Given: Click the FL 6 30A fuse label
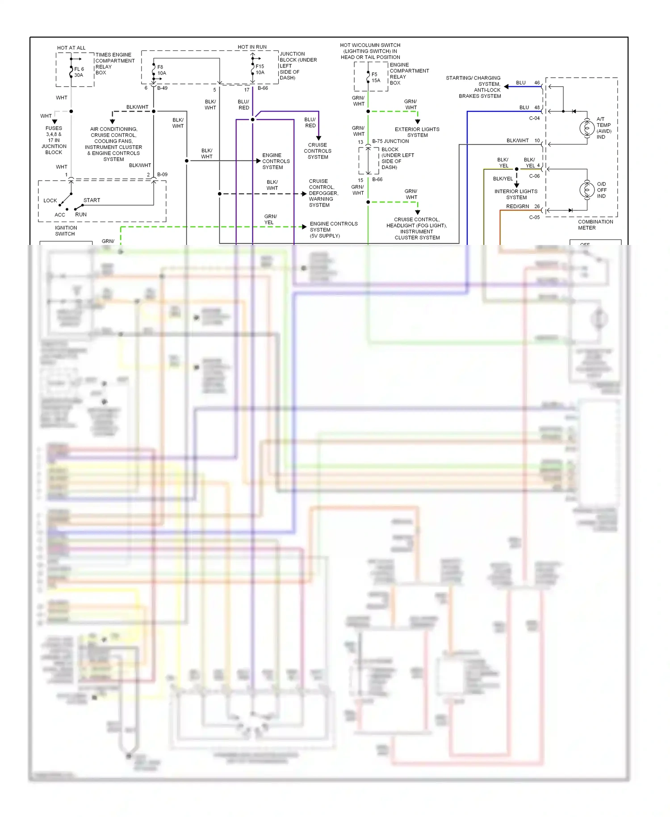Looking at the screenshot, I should point(79,72).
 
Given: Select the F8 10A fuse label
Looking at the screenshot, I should point(161,70).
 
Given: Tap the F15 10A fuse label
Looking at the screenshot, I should point(260,69).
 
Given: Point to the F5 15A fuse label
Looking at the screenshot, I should point(375,77).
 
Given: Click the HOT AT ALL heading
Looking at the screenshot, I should point(71,48).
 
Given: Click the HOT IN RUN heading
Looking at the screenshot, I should point(252,47).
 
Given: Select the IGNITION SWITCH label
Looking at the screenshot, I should point(65,231).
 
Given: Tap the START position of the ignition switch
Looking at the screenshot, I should point(92,200).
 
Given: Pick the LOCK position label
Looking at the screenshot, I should point(50,201).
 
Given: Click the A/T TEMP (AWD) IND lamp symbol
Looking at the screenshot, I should point(586,128).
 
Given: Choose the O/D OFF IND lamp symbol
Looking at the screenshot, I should point(586,190).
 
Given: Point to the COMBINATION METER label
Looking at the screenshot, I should point(595,225).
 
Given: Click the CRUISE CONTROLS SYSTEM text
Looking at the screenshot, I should point(318,151).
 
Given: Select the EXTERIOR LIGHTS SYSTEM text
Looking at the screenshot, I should point(417,132).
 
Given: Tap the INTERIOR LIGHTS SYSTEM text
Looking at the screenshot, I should point(516,194).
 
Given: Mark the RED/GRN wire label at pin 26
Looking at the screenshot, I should point(517,206).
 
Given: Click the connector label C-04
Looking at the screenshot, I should point(534,118).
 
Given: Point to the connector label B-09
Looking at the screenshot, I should point(162,175).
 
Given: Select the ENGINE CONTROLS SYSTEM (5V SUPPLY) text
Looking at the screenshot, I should point(333,230).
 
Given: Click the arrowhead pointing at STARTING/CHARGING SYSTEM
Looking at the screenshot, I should point(507,87).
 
